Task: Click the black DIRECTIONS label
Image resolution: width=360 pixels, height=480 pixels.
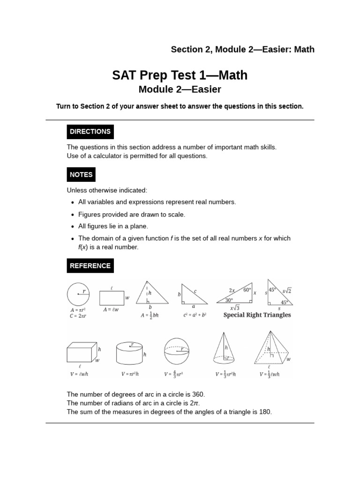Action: point(90,132)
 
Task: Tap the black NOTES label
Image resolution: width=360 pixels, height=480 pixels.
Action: point(81,175)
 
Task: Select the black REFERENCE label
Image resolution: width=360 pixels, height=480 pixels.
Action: point(90,266)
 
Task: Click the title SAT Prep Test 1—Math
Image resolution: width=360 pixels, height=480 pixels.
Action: point(180,75)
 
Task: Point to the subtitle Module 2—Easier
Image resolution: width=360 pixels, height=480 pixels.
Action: point(180,89)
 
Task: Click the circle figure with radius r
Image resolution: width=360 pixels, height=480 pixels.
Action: point(78,294)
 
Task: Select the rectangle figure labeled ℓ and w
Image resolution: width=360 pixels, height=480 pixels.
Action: point(112,298)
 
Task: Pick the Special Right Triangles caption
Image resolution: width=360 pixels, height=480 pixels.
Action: point(257,315)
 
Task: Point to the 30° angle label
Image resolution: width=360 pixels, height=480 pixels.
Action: point(229,300)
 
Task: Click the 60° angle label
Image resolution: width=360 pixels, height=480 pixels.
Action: point(247,290)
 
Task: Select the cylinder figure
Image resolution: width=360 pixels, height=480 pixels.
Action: point(129,353)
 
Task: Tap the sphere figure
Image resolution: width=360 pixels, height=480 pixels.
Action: point(176,351)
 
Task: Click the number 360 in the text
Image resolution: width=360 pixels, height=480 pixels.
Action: point(199,395)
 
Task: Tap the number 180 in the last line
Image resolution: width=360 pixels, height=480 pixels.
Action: point(266,412)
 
